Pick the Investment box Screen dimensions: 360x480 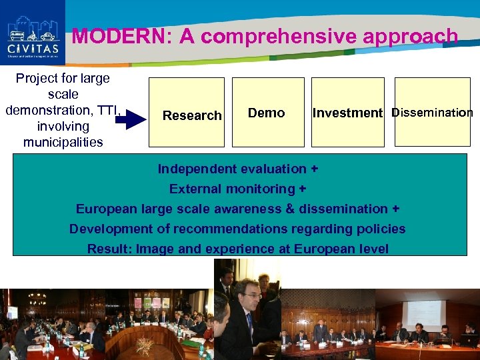coord(348,111)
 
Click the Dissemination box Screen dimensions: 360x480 coord(432,111)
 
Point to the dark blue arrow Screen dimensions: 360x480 coord(137,120)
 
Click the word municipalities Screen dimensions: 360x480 coord(63,142)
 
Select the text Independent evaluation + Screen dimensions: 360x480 coord(237,169)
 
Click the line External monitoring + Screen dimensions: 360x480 coord(237,189)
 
